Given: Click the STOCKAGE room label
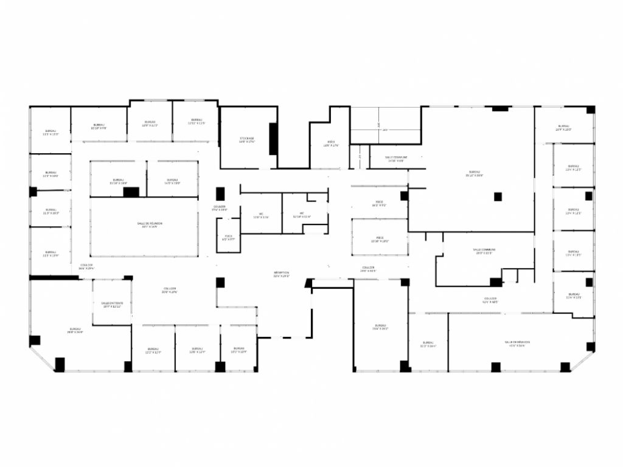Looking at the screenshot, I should (246, 140).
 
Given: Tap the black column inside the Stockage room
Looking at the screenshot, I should (273, 139).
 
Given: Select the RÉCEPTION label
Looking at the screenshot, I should (281, 274).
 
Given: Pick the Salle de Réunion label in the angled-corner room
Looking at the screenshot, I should (517, 344).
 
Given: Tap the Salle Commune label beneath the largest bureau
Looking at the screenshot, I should (484, 251).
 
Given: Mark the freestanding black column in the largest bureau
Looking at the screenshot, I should (498, 196).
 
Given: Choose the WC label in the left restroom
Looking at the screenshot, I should (260, 215).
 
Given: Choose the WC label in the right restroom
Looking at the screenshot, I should (301, 215).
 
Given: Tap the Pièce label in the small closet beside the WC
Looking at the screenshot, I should (228, 238).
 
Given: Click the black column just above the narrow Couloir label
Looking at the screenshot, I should (220, 194).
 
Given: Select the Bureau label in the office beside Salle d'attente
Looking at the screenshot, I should (75, 331).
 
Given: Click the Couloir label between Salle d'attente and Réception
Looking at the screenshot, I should (169, 291).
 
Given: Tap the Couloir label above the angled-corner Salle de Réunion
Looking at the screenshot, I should (490, 300).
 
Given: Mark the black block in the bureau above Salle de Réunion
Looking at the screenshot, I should (131, 192).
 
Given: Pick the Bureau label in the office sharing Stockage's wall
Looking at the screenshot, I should (196, 121).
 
